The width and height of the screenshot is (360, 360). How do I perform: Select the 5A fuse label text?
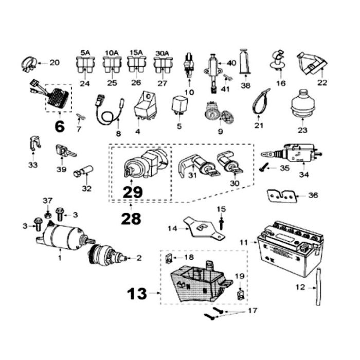click(85, 52)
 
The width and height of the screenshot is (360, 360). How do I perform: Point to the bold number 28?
click(131, 219)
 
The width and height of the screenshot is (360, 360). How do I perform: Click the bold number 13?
click(137, 294)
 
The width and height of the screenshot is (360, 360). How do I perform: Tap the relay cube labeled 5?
click(179, 103)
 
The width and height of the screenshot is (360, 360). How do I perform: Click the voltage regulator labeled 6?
click(58, 98)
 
